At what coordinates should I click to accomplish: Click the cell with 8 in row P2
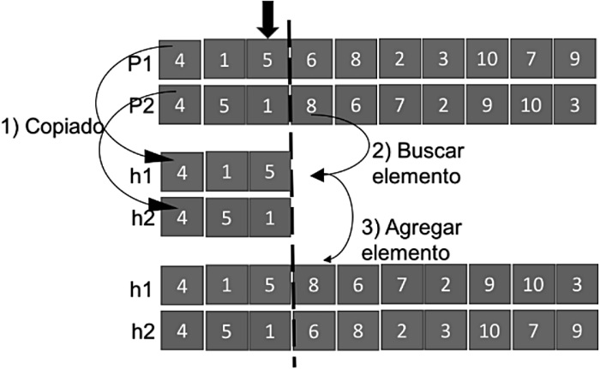[310, 105]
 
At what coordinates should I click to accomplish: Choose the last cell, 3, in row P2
[574, 105]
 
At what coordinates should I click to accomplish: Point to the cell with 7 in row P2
[398, 105]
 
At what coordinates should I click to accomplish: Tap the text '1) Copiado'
[53, 126]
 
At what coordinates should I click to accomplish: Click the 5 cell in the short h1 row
[268, 171]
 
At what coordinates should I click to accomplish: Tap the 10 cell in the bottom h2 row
[487, 330]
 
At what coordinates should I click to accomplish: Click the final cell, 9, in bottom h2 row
[574, 330]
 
